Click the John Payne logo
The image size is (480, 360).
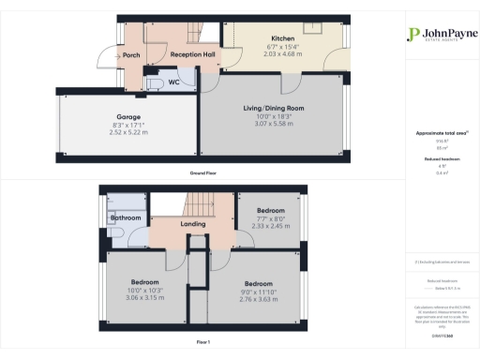pos(433,35)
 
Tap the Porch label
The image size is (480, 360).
pos(131,56)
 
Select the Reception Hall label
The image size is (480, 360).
pos(189,56)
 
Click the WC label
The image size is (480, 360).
pos(148,82)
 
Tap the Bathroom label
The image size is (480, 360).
pos(125,217)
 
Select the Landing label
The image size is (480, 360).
pos(194,223)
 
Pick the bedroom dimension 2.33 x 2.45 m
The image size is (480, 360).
pos(272,217)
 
